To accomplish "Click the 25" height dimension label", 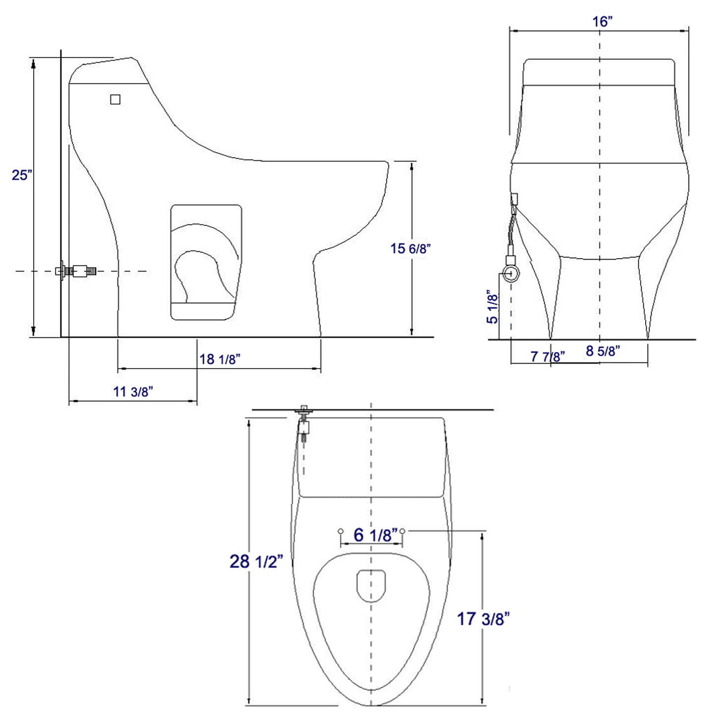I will [x=22, y=175].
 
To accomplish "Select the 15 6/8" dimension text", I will [x=410, y=248].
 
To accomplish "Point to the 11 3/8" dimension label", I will [x=133, y=391].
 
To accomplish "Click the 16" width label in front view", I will [x=602, y=22].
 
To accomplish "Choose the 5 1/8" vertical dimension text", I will [x=492, y=307].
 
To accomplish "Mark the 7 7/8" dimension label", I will [x=547, y=356].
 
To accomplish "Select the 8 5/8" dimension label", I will [x=603, y=351].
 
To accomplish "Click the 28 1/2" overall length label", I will [x=256, y=561].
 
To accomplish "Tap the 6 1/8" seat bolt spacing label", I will [x=375, y=535].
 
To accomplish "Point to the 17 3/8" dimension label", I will [x=483, y=619].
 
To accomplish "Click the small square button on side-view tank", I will [x=115, y=100].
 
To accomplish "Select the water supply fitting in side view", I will [x=77, y=271].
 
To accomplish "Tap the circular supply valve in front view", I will [x=511, y=273].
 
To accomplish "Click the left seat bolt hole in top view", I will [x=340, y=531].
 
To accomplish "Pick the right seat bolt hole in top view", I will [x=402, y=531].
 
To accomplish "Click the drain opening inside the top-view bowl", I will [x=371, y=586].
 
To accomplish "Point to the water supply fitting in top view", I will [x=304, y=424].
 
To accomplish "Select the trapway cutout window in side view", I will [x=206, y=262].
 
